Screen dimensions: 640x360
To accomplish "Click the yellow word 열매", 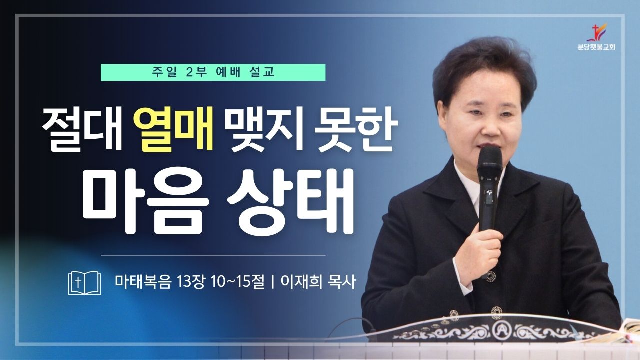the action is pos(174,129).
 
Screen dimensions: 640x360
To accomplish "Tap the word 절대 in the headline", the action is pos(82,129).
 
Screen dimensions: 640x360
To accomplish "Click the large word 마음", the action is pos(146,201).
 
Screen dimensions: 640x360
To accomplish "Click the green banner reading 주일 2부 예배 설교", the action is pos(213,72).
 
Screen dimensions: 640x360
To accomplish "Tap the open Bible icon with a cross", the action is pos(85,283).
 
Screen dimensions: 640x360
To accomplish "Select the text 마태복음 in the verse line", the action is pos(143,282).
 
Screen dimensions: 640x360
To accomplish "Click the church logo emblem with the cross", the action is pos(596,33).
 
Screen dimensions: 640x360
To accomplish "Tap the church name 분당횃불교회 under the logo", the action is pos(596,47).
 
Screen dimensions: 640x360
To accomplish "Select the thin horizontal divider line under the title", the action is pos(213,255).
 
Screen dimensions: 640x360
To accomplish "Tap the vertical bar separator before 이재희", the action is pos(273,282).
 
